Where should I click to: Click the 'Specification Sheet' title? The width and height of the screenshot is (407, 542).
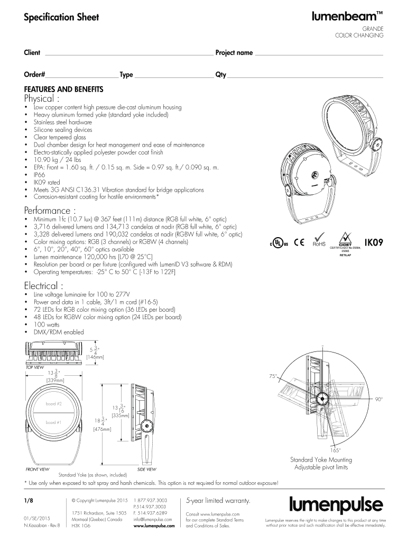(61, 17)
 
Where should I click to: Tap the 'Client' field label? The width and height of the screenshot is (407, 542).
(32, 52)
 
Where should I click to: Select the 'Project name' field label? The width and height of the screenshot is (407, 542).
(234, 53)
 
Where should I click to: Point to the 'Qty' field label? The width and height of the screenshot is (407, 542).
(220, 75)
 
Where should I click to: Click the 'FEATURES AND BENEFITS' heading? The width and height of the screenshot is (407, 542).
(63, 89)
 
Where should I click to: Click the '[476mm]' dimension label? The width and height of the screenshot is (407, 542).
(101, 429)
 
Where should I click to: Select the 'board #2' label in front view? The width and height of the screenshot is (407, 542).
(53, 404)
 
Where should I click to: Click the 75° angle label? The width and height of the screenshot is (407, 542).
(273, 376)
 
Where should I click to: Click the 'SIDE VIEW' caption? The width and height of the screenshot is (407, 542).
(146, 469)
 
